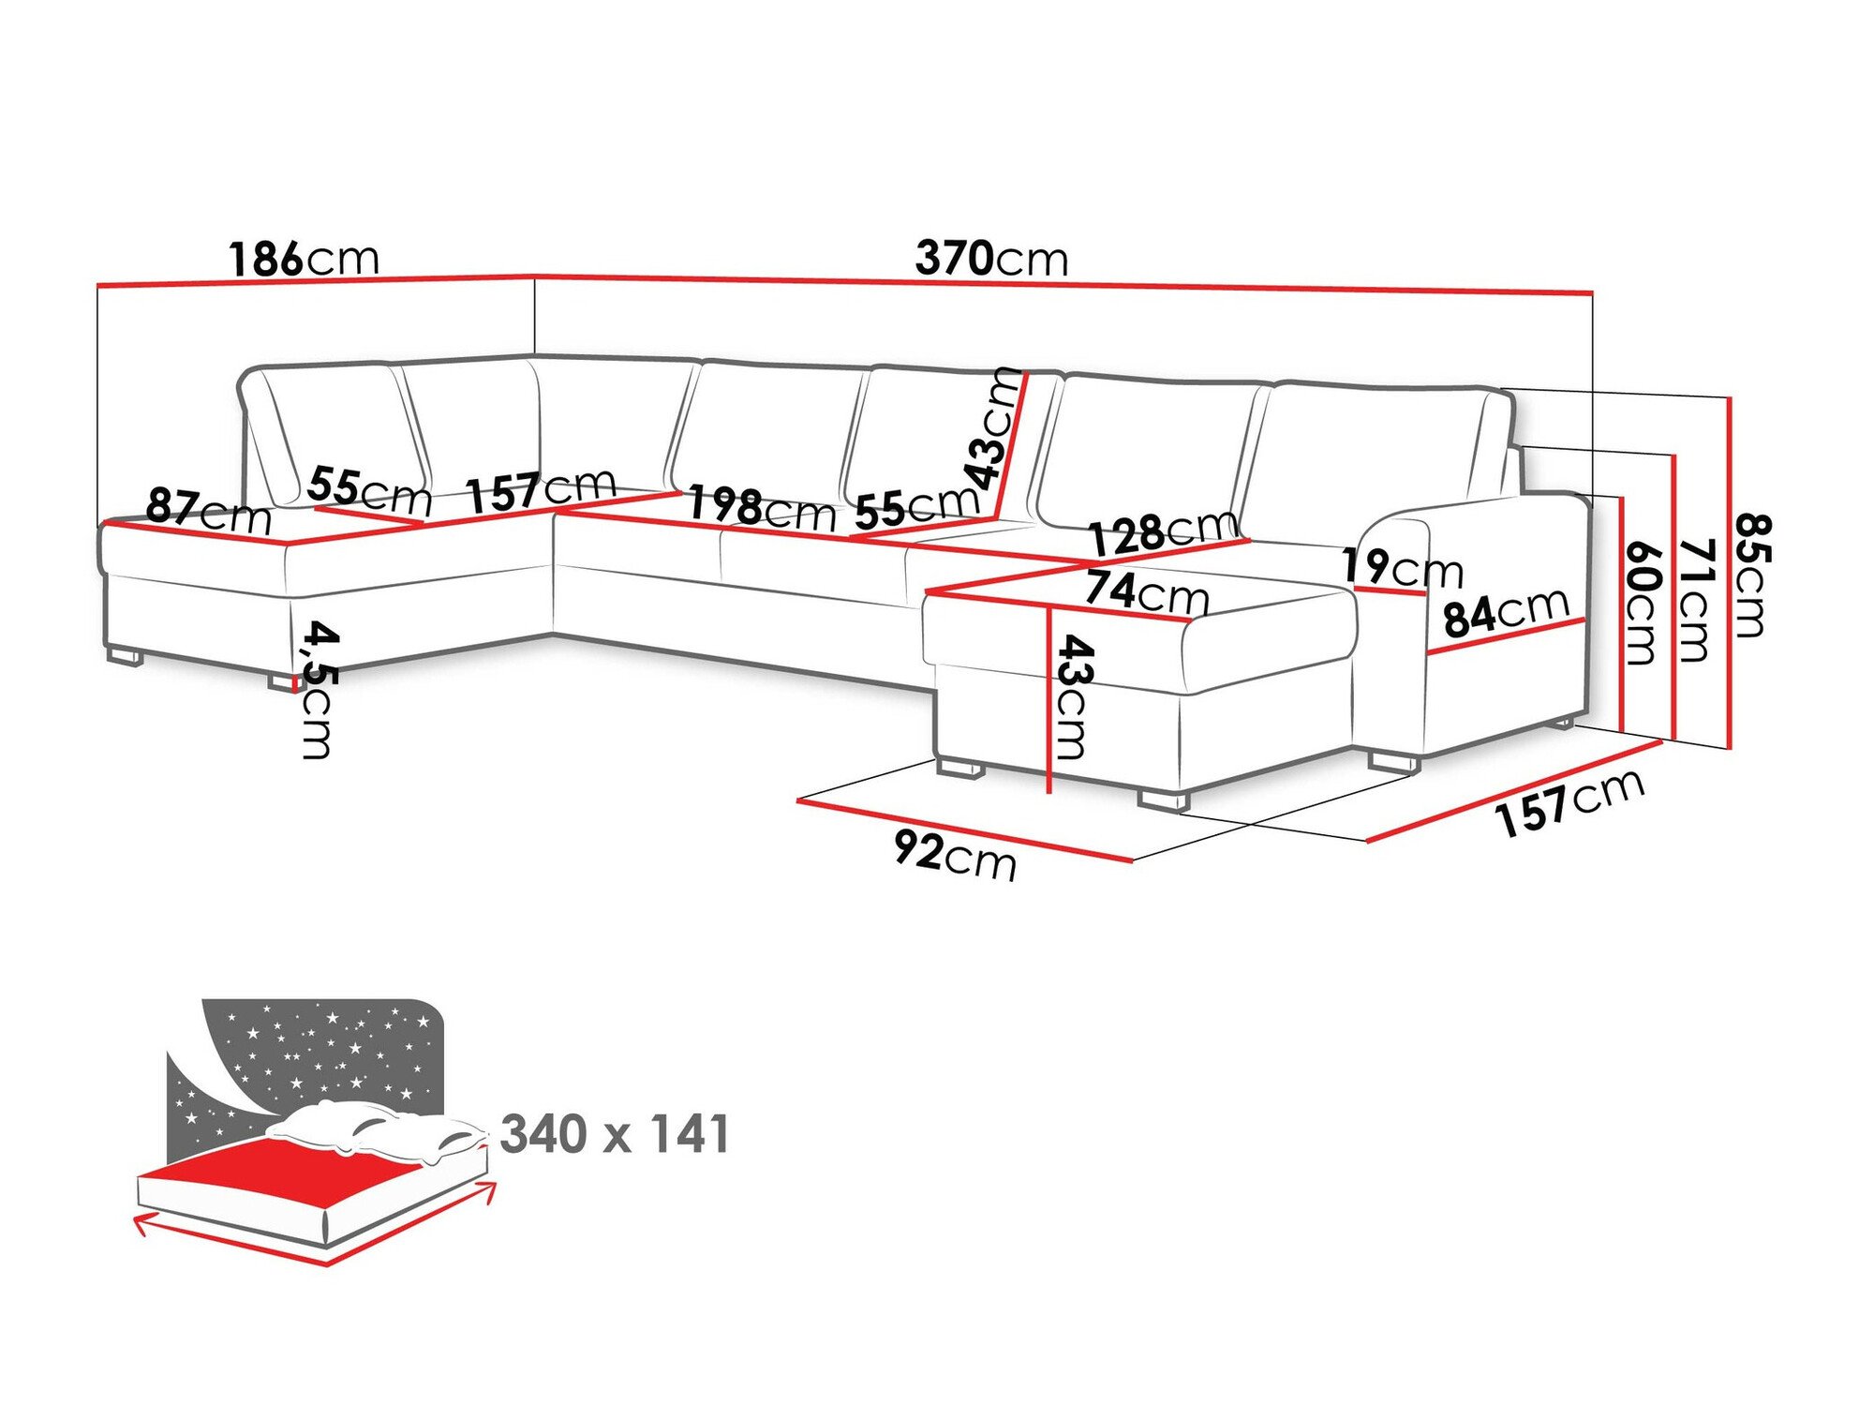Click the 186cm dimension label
pos(305,259)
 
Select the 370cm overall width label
pos(991,259)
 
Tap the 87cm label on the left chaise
pos(208,512)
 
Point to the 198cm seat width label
pos(762,509)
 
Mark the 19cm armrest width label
pos(1402,568)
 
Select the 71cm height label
pos(1695,600)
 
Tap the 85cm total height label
pos(1749,575)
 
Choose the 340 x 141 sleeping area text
pos(615,1134)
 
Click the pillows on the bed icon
pos(375,1129)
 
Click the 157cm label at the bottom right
pos(1569,802)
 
